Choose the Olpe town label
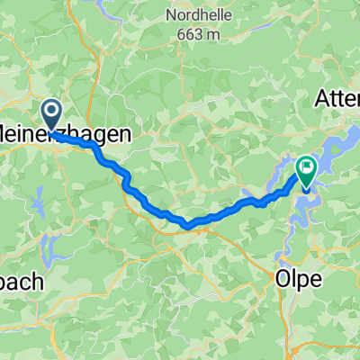pyautogui.click(x=298, y=279)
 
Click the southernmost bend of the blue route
pyautogui.click(x=188, y=223)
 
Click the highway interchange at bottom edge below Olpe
pyautogui.click(x=290, y=353)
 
